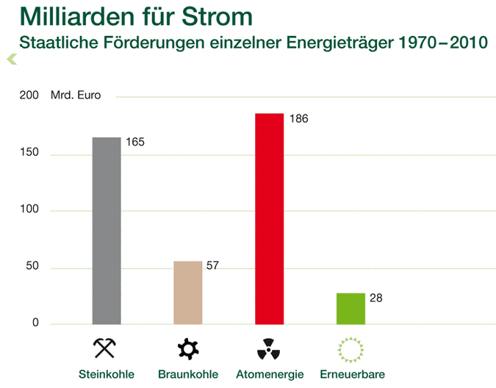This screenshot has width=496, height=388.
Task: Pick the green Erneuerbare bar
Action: coord(351,309)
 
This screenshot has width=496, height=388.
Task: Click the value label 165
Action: coord(134,142)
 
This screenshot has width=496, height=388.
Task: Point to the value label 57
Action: coord(212,265)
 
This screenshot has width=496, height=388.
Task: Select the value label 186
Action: coord(297,118)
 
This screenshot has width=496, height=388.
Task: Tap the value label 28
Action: coord(375,298)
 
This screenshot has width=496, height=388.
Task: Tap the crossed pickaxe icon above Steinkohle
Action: coord(106,348)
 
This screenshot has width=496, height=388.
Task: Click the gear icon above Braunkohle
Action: coord(188,348)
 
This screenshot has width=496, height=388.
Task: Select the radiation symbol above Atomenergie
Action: coord(269,348)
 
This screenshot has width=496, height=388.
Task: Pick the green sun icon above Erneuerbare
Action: coord(351,348)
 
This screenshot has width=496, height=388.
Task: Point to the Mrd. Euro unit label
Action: coord(76,96)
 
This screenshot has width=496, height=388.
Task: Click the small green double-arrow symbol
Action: coord(11,59)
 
